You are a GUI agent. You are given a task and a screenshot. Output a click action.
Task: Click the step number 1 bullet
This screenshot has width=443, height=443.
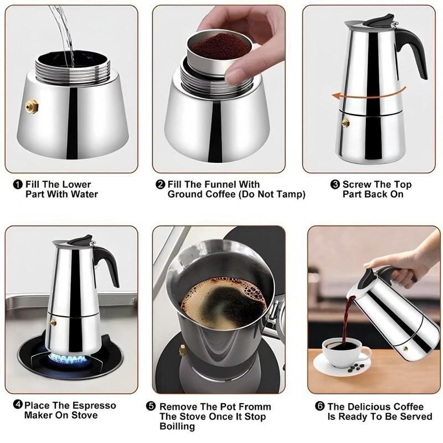(x=18, y=185)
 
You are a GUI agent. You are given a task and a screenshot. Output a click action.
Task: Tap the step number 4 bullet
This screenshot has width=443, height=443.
(x=18, y=405)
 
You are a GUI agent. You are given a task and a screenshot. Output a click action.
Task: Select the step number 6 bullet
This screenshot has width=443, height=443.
(x=320, y=406)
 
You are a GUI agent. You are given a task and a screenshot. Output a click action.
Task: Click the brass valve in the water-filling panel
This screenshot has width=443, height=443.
(x=32, y=106)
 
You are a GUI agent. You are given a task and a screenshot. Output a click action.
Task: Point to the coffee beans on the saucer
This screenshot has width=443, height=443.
(x=356, y=367)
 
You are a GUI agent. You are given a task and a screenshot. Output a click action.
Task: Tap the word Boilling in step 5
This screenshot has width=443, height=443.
(x=177, y=426)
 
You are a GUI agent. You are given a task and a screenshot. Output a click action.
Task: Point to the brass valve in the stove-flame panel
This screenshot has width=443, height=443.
(x=53, y=322)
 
